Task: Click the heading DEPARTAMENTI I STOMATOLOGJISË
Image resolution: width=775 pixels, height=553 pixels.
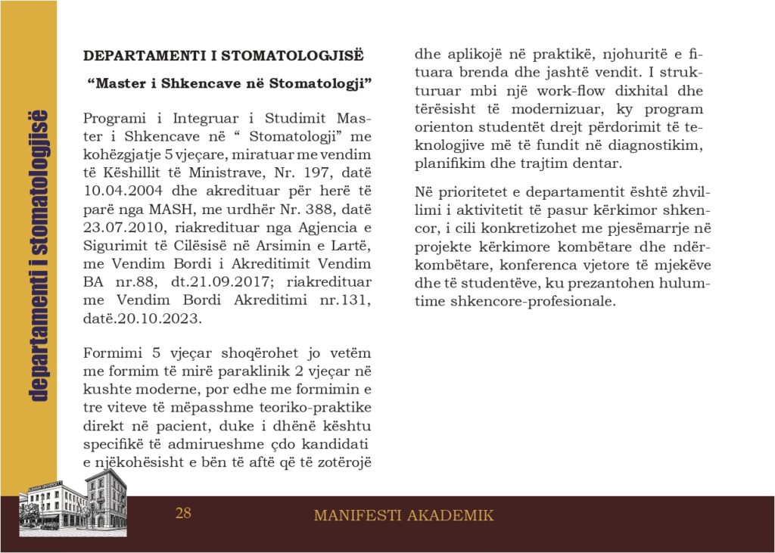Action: [223, 56]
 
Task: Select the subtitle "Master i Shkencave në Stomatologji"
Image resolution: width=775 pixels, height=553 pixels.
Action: [229, 82]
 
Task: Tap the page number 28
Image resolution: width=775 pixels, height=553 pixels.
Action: [183, 514]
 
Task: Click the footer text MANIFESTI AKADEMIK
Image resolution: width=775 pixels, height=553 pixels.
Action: [403, 516]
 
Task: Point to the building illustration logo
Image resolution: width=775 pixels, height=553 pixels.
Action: [73, 500]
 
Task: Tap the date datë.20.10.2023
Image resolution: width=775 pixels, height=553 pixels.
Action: [143, 319]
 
